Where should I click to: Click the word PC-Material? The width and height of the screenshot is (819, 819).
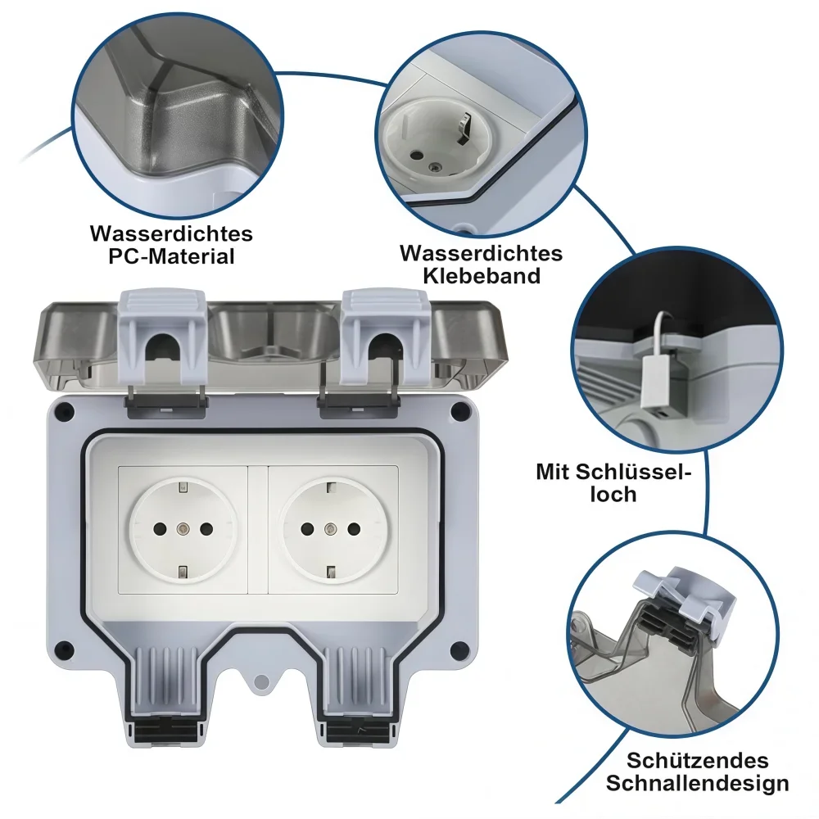click(171, 256)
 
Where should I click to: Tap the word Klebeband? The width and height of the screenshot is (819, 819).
click(482, 275)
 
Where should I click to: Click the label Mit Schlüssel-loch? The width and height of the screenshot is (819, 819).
click(614, 482)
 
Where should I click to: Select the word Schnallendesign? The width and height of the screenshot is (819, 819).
click(698, 783)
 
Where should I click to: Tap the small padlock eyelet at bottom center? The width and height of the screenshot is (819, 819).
click(260, 680)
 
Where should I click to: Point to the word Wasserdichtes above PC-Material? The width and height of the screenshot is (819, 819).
click(171, 233)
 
